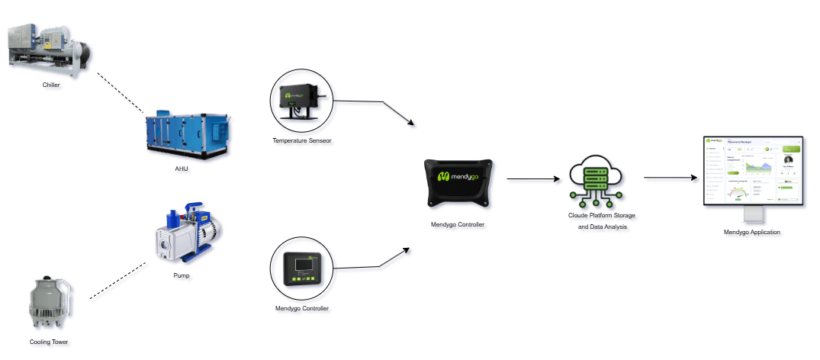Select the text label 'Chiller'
(x=52, y=86)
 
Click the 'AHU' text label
(x=182, y=169)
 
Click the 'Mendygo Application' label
(x=753, y=232)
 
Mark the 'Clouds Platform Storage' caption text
(x=600, y=217)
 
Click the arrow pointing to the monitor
(x=672, y=178)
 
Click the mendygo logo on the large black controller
(x=462, y=176)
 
